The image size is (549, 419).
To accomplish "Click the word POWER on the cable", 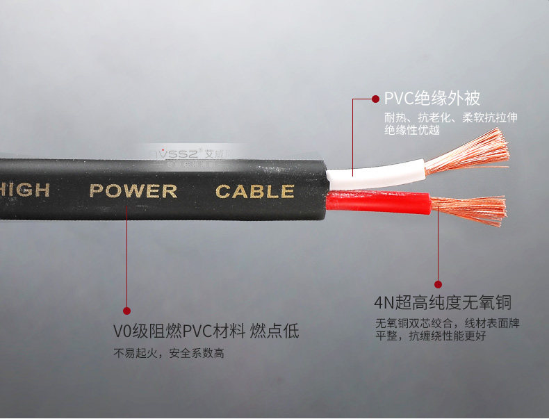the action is pyautogui.click(x=133, y=190).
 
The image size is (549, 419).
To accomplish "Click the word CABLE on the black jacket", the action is pyautogui.click(x=255, y=191).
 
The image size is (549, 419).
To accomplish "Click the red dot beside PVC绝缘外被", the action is pyautogui.click(x=376, y=99).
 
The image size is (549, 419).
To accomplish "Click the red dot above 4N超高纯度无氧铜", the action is pyautogui.click(x=438, y=284).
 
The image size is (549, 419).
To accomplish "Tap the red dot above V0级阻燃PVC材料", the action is pyautogui.click(x=126, y=311).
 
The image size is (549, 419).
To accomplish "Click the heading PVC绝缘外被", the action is pyautogui.click(x=432, y=99).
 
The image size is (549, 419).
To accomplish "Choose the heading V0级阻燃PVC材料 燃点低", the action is pyautogui.click(x=206, y=331).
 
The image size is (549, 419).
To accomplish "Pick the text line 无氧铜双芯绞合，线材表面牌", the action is pyautogui.click(x=448, y=323).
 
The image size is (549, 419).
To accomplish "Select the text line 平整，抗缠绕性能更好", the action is pyautogui.click(x=430, y=336).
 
